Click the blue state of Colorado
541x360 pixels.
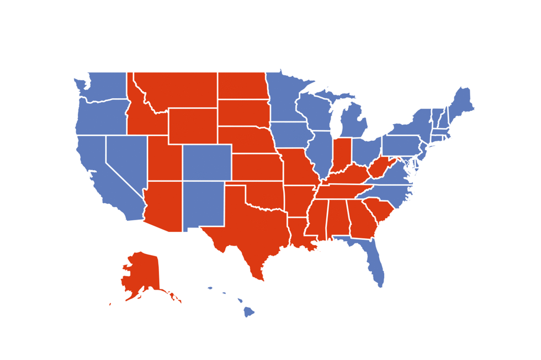pyautogui.click(x=207, y=162)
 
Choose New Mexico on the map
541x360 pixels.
pyautogui.click(x=203, y=204)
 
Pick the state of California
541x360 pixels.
pyautogui.click(x=99, y=177)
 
